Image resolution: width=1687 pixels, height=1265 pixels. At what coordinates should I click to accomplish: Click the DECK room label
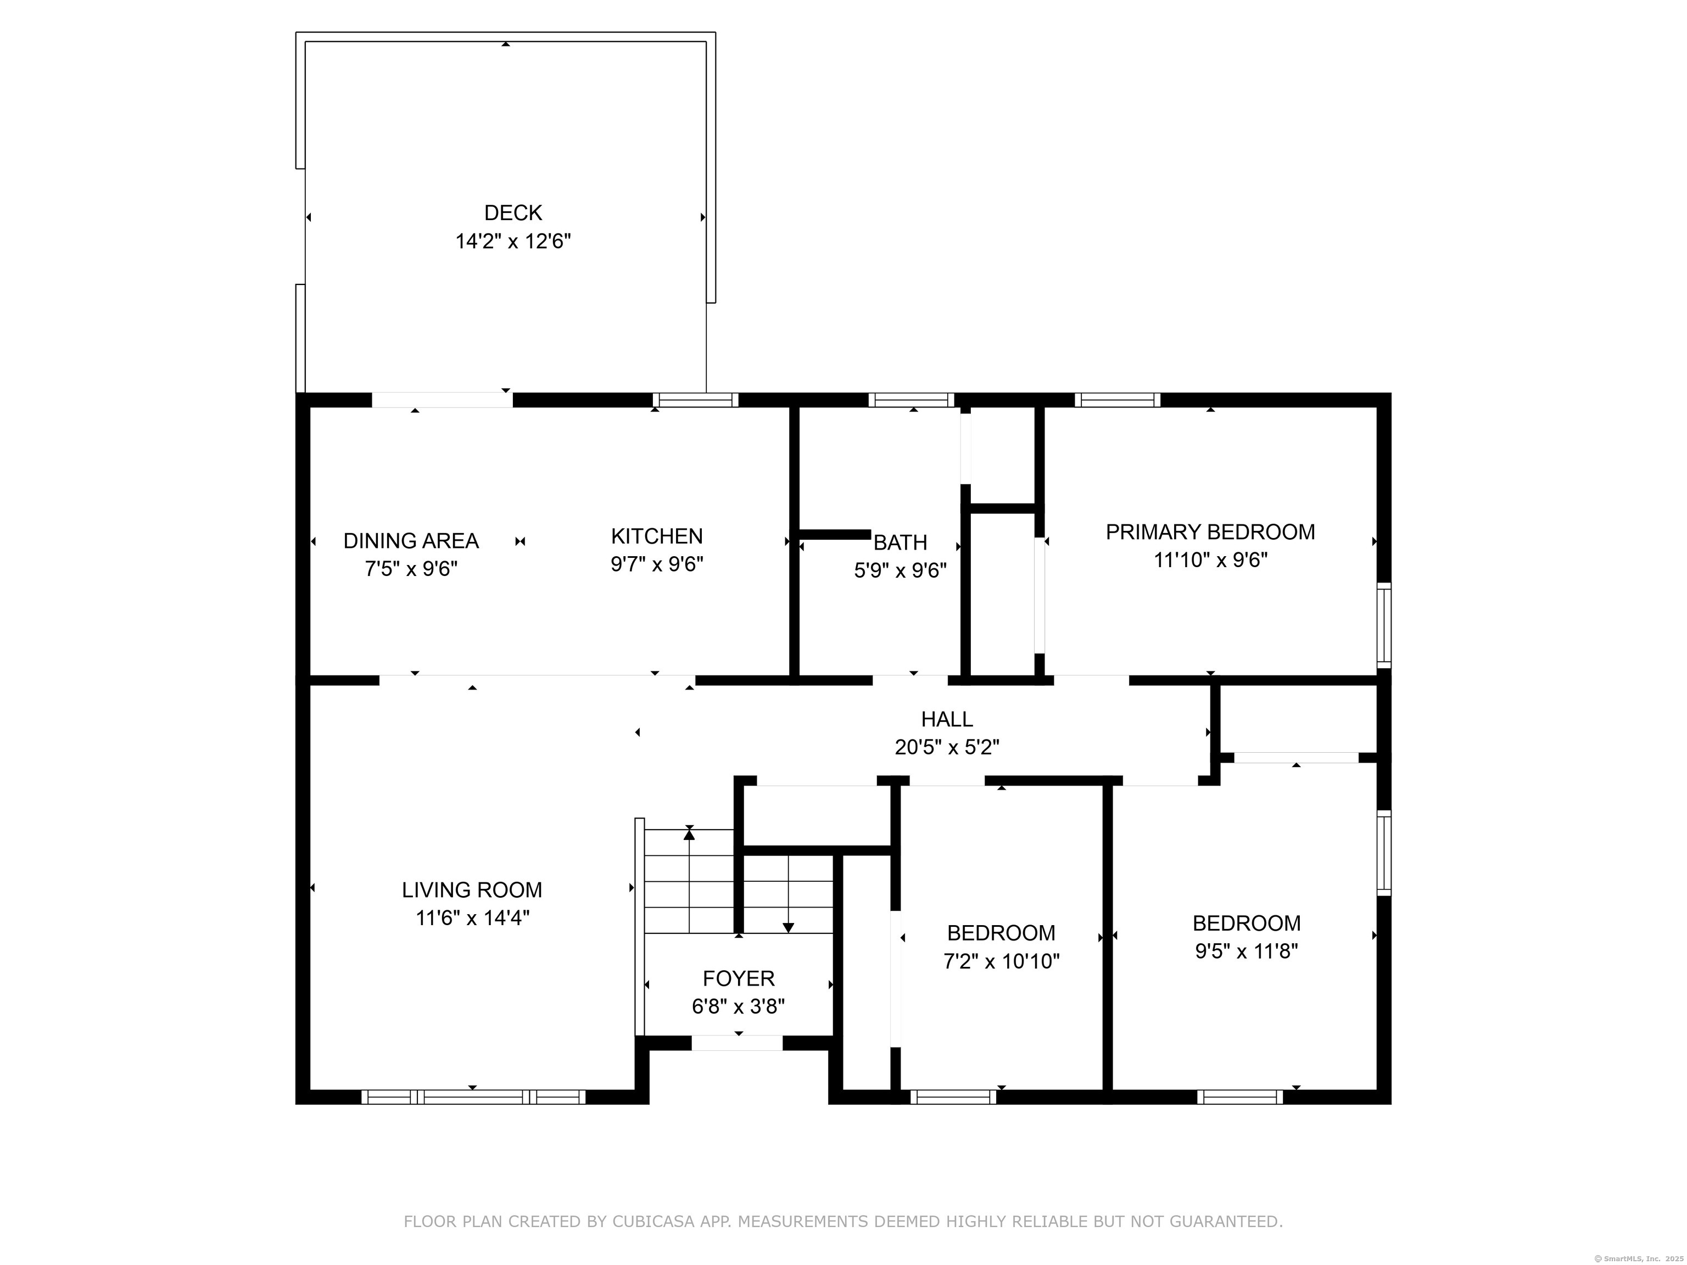[x=513, y=212]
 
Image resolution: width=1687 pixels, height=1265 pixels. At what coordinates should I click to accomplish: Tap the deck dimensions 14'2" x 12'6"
[x=513, y=242]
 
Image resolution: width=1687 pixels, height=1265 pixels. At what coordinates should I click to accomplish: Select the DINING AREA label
[x=411, y=541]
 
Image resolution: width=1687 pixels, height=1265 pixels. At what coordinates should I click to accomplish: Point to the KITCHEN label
[x=657, y=536]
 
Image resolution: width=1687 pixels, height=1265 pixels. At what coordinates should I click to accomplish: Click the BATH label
[x=900, y=542]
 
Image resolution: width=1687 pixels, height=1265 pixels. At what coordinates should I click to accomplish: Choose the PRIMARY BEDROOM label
[x=1210, y=531]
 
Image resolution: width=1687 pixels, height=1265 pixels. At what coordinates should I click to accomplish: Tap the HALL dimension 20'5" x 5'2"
[x=947, y=747]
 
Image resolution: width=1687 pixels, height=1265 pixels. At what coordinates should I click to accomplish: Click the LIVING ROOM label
[x=472, y=890]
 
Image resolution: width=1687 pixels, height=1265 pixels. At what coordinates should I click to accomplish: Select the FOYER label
[x=738, y=978]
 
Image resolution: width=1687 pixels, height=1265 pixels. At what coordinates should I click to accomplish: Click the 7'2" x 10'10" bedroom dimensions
[x=1001, y=961]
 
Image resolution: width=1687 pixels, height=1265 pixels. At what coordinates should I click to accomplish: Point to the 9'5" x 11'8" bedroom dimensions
[x=1246, y=951]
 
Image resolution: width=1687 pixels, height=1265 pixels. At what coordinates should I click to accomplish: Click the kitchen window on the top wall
[x=696, y=400]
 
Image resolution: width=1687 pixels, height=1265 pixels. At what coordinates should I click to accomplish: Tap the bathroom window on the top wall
[x=912, y=400]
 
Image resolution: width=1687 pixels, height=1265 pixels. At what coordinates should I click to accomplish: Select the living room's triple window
[x=473, y=1097]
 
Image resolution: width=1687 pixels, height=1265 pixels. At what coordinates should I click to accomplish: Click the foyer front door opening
[x=738, y=1043]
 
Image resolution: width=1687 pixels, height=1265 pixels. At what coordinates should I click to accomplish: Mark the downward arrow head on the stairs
[x=789, y=928]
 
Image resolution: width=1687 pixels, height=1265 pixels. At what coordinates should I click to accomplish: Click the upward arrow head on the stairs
[x=689, y=834]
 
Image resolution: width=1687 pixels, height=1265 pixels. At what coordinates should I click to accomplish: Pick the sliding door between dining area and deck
[x=442, y=400]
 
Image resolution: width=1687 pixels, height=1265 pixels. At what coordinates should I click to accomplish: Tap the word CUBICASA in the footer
[x=653, y=1222]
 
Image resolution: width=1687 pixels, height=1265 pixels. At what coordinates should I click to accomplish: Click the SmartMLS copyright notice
[x=1639, y=1258]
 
